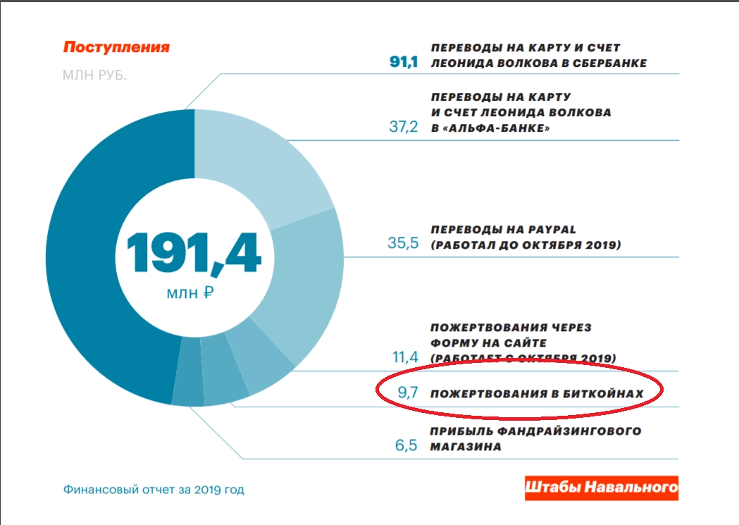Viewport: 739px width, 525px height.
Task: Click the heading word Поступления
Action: (116, 48)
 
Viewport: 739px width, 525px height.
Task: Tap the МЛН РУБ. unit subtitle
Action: (94, 75)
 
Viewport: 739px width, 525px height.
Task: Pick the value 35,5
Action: (403, 244)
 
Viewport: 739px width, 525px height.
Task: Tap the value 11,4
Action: (404, 357)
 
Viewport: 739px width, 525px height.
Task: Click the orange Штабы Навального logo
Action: (601, 488)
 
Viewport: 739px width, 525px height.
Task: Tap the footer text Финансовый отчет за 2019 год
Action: (154, 489)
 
